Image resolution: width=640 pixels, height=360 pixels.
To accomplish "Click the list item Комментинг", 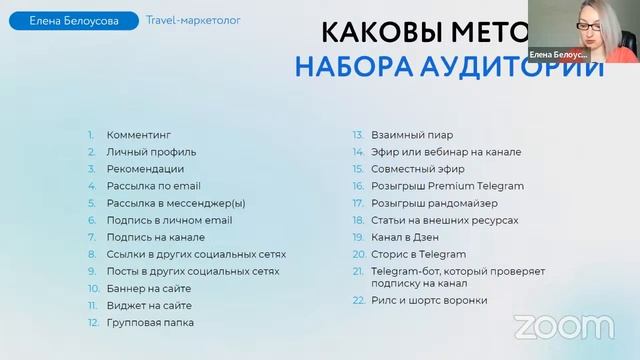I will tap(139, 135).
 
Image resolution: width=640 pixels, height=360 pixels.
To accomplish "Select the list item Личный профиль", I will tap(151, 152).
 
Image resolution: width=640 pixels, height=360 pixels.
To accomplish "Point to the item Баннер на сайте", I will tap(149, 288).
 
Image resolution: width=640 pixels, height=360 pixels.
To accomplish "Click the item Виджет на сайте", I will tap(149, 305).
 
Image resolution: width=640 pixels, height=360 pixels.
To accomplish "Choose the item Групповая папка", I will tap(150, 322).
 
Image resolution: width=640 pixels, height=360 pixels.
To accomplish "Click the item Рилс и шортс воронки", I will tap(428, 299).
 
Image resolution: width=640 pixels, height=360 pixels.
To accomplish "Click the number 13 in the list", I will tap(356, 135).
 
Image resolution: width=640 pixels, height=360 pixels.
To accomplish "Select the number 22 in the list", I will tap(357, 299).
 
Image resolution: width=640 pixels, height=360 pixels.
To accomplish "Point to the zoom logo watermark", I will tap(564, 326).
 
